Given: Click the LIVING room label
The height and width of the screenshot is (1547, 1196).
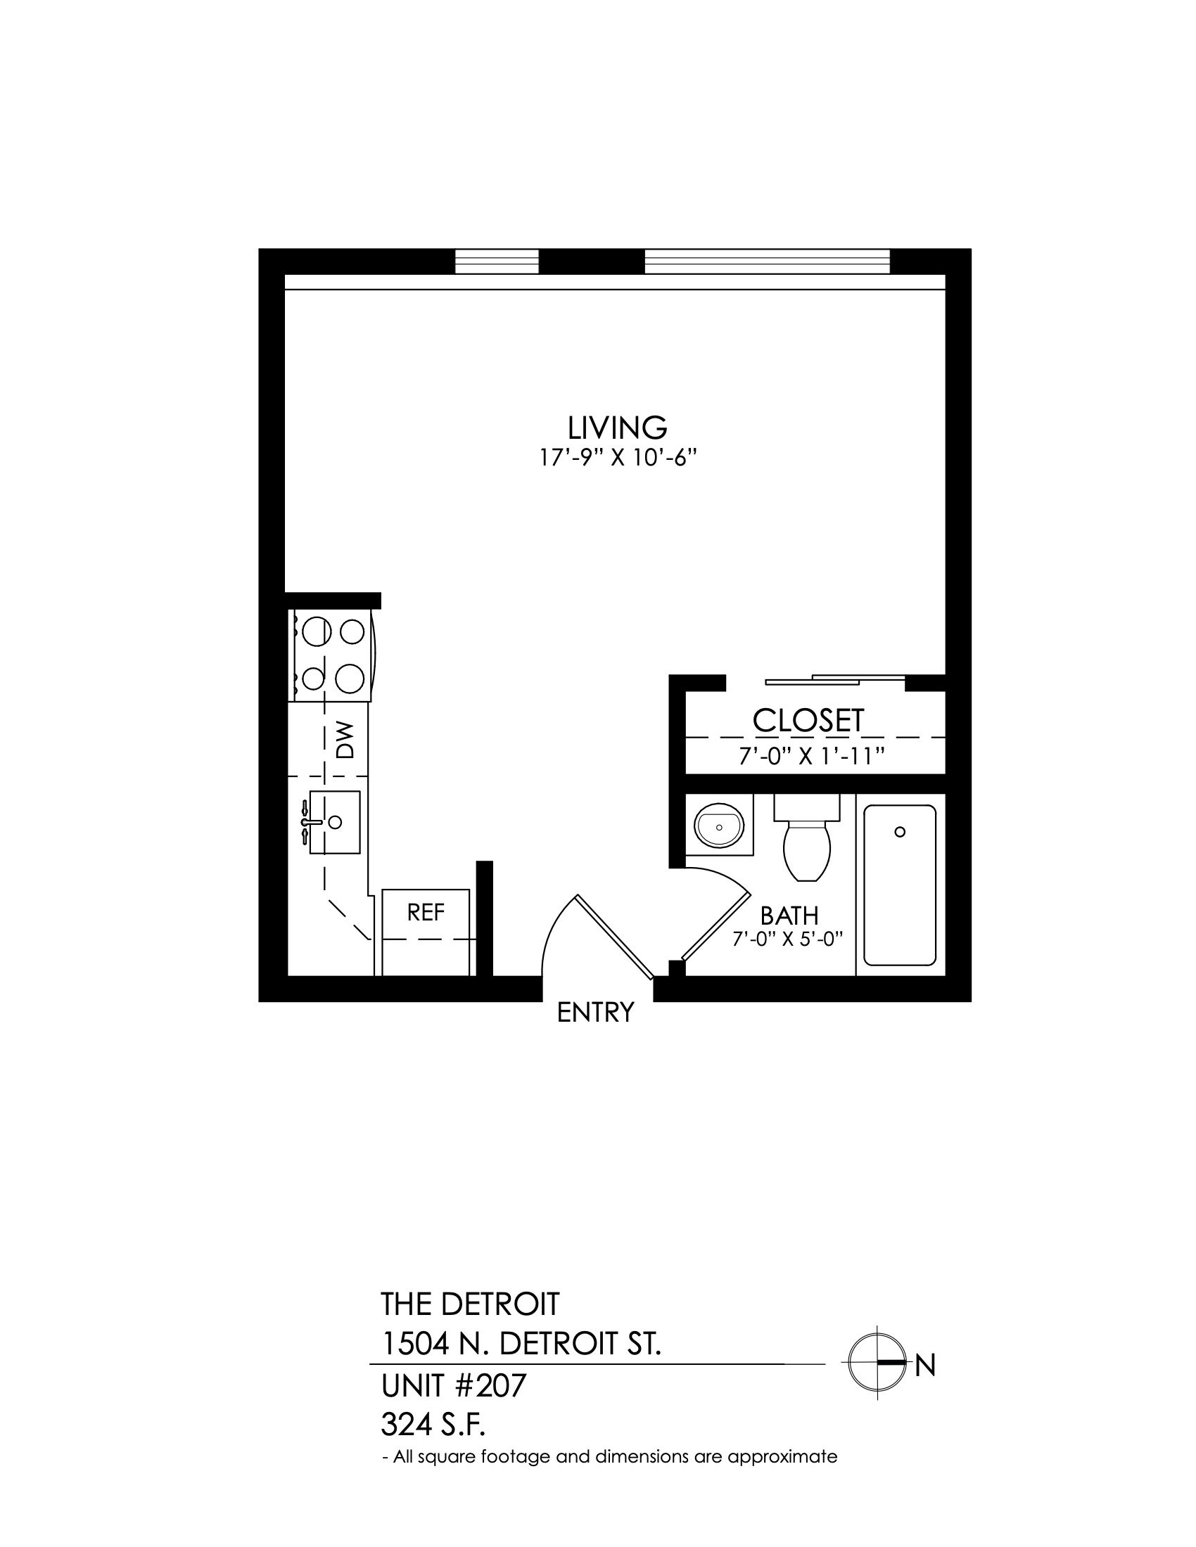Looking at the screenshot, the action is click(x=617, y=428).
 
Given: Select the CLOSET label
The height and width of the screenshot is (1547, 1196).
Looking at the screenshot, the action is click(x=808, y=720).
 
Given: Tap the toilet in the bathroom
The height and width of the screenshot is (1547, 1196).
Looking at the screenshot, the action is click(x=807, y=838).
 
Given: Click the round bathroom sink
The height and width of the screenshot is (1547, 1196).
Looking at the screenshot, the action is click(x=720, y=827).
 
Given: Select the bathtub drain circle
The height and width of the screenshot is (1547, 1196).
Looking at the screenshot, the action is click(x=900, y=832).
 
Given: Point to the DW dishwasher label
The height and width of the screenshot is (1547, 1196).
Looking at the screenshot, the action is click(x=344, y=740).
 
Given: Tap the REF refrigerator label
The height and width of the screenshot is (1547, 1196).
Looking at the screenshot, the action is click(x=426, y=912).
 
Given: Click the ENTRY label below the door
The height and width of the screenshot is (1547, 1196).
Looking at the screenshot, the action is click(x=595, y=1013).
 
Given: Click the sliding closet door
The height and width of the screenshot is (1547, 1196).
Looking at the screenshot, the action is click(x=835, y=680).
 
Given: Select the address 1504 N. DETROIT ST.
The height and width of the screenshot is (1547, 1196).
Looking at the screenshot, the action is click(x=521, y=1344).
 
